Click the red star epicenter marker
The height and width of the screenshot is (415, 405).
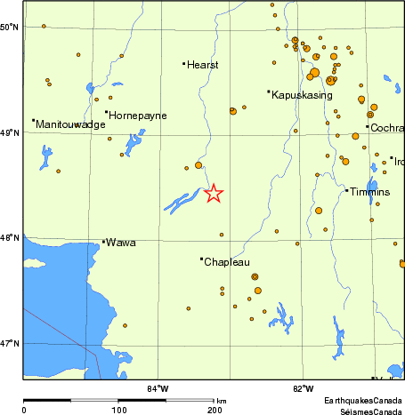point(213,193)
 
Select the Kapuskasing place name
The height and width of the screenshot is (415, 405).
point(300,94)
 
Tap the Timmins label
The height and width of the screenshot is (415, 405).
point(370,192)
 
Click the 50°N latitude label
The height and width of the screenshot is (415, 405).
point(11,27)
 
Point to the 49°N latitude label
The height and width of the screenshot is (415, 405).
point(11,132)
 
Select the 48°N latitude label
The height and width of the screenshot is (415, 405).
point(11,237)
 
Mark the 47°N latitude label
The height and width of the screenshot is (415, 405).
point(11,343)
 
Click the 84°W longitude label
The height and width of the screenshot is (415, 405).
point(158,387)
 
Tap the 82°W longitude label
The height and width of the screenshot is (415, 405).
point(304,387)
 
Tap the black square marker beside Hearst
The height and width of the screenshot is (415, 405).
point(183,63)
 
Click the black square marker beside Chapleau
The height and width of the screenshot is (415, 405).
point(201,259)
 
